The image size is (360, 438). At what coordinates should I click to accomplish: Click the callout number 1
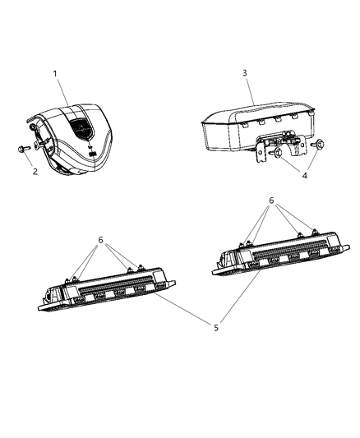[55, 74]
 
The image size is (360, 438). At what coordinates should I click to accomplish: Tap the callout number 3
[245, 74]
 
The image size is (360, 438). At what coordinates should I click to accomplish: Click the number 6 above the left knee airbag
[101, 239]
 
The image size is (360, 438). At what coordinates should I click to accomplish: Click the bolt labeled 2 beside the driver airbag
[20, 150]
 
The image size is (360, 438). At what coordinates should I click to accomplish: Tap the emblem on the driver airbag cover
[81, 127]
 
